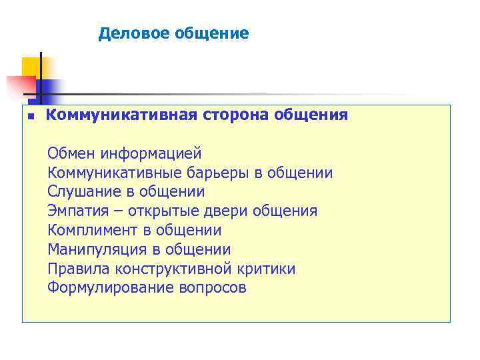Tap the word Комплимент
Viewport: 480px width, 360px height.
tap(91, 231)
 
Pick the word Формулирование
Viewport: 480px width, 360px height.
tap(110, 289)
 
